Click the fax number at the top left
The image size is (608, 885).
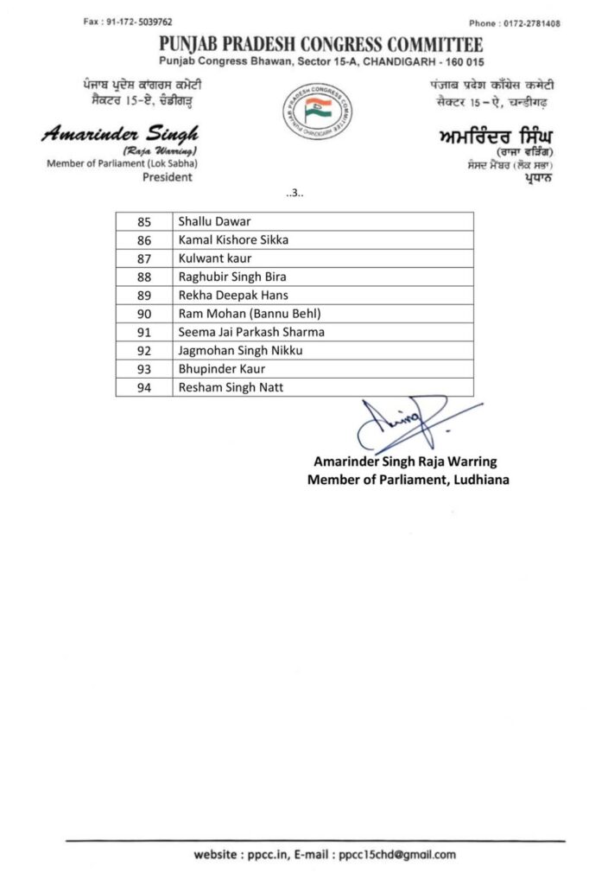pyautogui.click(x=127, y=22)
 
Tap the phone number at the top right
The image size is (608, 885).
pyautogui.click(x=526, y=23)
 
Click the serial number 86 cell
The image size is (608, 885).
pyautogui.click(x=144, y=239)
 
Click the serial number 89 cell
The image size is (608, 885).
pyautogui.click(x=144, y=295)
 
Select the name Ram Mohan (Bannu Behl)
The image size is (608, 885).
pyautogui.click(x=244, y=314)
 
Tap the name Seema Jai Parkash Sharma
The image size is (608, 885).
pyautogui.click(x=251, y=332)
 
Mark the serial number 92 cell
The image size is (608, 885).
pyautogui.click(x=144, y=351)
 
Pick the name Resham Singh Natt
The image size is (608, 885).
pyautogui.click(x=231, y=388)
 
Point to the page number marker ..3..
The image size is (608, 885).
pyautogui.click(x=294, y=193)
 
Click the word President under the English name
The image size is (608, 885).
pyautogui.click(x=167, y=177)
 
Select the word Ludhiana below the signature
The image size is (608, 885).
pyautogui.click(x=479, y=480)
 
